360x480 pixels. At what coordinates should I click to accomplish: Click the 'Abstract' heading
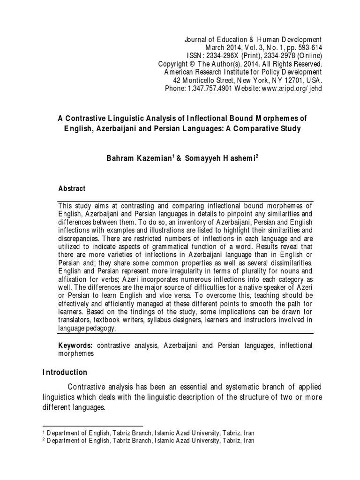(x=71, y=188)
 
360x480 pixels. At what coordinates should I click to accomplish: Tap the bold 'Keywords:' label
(x=75, y=345)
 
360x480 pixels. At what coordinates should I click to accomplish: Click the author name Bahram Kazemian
(x=133, y=159)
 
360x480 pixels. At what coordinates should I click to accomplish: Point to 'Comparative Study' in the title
(x=268, y=128)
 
